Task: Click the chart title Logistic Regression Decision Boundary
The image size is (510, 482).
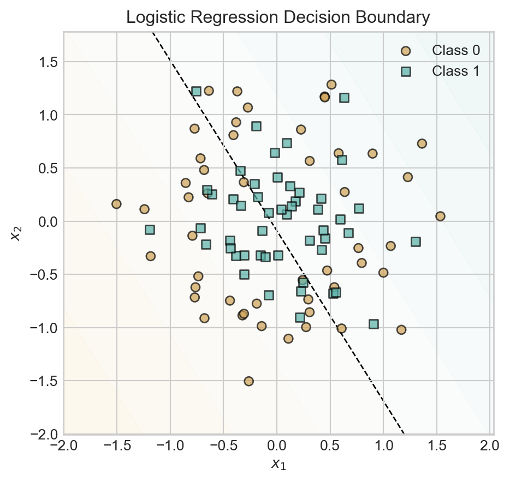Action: point(278,17)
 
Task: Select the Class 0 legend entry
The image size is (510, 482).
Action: point(456,51)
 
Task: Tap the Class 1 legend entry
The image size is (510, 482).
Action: point(456,71)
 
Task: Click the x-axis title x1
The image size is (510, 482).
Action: point(278,465)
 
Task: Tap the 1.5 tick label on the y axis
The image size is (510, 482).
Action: point(48,62)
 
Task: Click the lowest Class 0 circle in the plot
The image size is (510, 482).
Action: point(248,381)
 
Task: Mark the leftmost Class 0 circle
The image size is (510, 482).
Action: point(116,204)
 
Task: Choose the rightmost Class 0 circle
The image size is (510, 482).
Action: point(440,216)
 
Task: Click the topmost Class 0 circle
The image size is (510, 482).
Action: point(331,85)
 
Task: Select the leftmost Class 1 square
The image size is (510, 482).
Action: point(150,230)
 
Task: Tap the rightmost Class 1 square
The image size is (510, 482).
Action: point(416,242)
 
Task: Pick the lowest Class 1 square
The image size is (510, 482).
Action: point(373,324)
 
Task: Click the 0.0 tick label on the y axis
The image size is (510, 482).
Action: point(48,221)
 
